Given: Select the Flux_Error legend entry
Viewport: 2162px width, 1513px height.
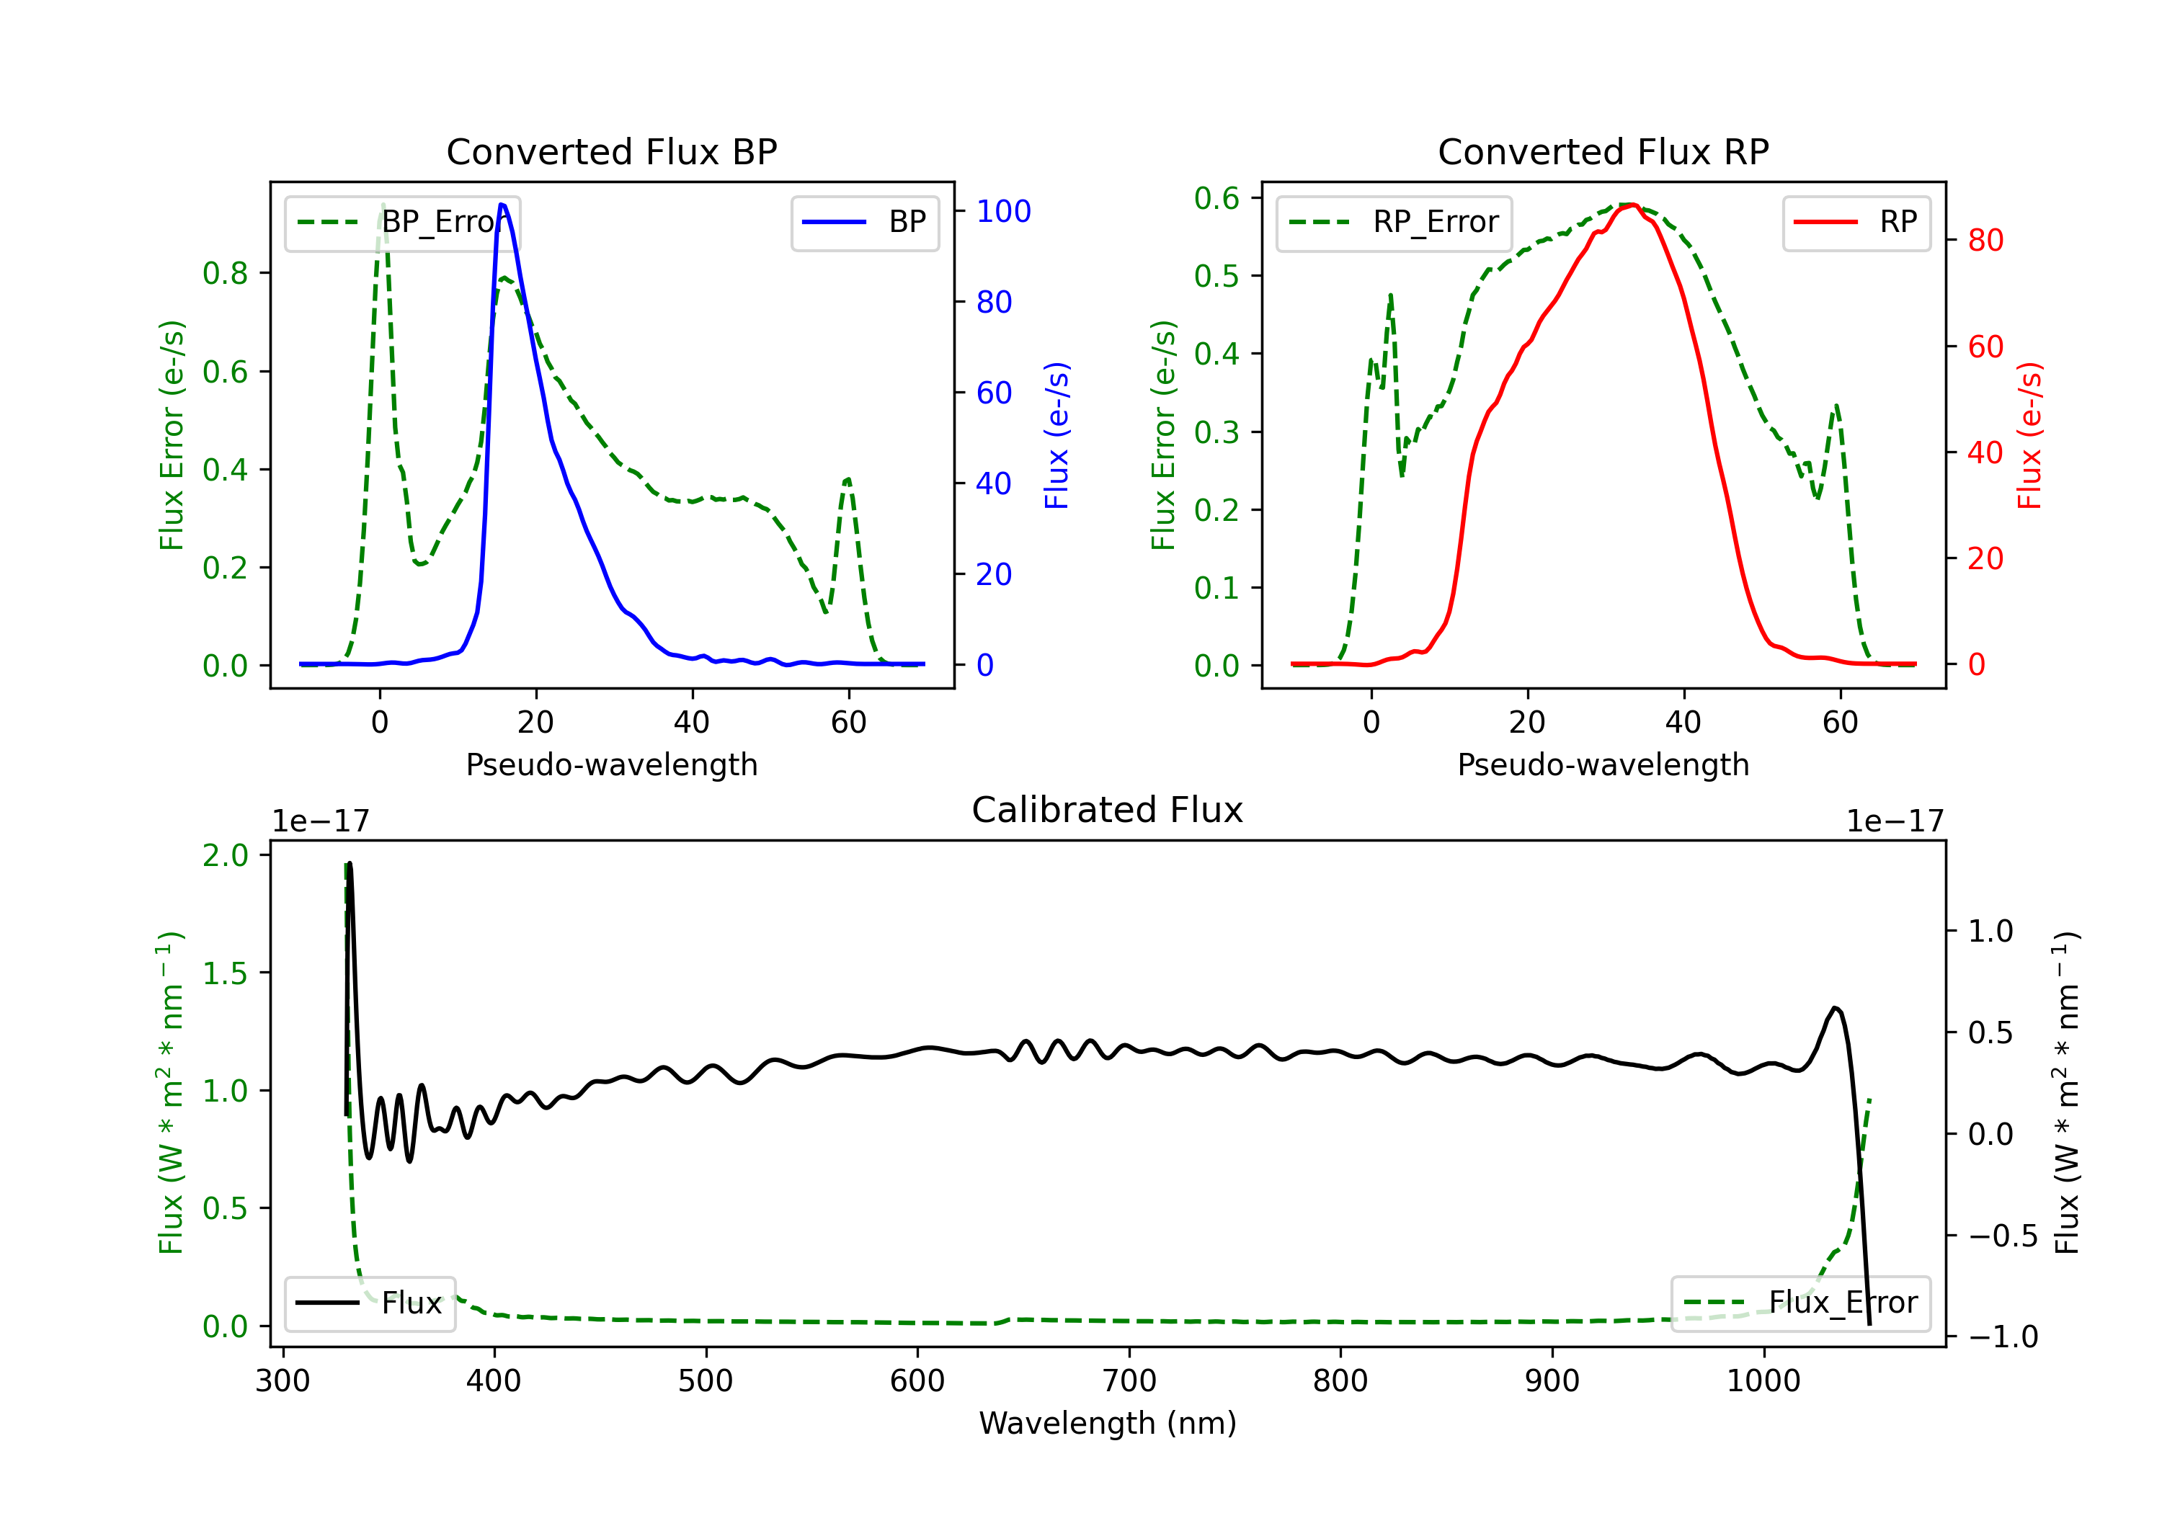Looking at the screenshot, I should point(1800,1303).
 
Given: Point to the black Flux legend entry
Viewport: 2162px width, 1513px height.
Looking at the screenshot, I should point(370,1304).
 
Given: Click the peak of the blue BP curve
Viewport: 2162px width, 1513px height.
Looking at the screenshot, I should point(502,205).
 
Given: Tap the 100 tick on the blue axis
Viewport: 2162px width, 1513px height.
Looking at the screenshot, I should point(1003,212).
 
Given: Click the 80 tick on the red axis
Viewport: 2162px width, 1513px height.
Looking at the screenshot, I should point(1985,241).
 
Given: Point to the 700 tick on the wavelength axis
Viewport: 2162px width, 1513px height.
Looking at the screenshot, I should point(1129,1381).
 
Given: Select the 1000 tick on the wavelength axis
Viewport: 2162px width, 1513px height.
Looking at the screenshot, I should point(1763,1381).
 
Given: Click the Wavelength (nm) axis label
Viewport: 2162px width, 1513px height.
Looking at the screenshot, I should point(1108,1424).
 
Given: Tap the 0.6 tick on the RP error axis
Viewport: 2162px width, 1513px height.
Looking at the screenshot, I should point(1216,199).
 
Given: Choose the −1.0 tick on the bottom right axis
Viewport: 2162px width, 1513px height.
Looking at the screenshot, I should point(2002,1337).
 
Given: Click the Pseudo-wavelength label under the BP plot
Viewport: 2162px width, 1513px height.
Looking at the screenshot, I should point(611,765).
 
